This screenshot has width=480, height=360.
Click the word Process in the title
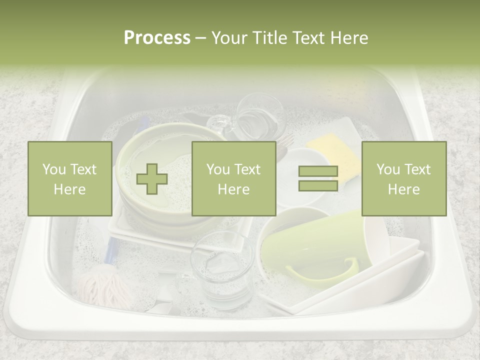point(157,38)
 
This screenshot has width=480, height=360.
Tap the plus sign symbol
point(152,179)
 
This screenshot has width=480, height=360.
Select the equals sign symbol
point(318,178)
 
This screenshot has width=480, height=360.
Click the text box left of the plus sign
point(70,178)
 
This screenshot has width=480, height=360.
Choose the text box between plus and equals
point(233,178)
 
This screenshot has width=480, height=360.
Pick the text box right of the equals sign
point(403,178)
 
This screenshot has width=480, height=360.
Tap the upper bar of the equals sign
point(318,171)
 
